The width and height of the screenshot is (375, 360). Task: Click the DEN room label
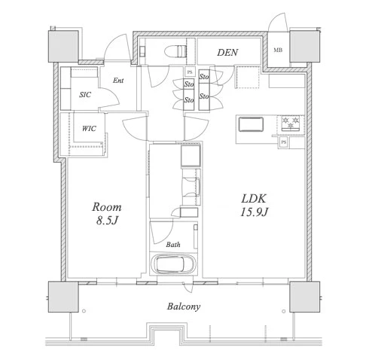click(x=227, y=52)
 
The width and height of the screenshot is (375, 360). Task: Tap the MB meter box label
click(x=278, y=50)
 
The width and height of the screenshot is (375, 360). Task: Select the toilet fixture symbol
click(x=175, y=51)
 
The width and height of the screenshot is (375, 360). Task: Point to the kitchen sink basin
click(x=251, y=124)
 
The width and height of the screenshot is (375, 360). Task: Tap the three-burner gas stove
click(x=291, y=124)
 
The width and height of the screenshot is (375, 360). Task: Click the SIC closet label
click(x=85, y=95)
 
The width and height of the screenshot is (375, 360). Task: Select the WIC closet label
click(x=89, y=129)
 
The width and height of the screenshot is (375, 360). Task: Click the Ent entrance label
click(x=118, y=81)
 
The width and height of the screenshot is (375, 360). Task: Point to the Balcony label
click(x=184, y=307)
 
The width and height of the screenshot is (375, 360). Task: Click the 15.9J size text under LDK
click(x=254, y=212)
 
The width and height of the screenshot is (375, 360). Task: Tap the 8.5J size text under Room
click(x=107, y=221)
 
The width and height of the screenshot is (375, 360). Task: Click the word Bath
click(x=173, y=244)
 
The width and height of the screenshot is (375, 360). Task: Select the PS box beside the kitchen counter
click(x=284, y=142)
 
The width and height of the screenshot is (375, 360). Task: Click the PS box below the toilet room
click(x=190, y=72)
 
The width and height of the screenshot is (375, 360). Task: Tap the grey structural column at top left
click(x=63, y=46)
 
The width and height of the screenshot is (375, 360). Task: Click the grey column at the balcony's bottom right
click(x=305, y=297)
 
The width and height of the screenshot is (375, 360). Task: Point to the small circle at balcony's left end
click(x=84, y=311)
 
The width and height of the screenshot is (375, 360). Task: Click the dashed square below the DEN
click(x=248, y=77)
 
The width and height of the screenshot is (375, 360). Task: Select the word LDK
click(x=254, y=199)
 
